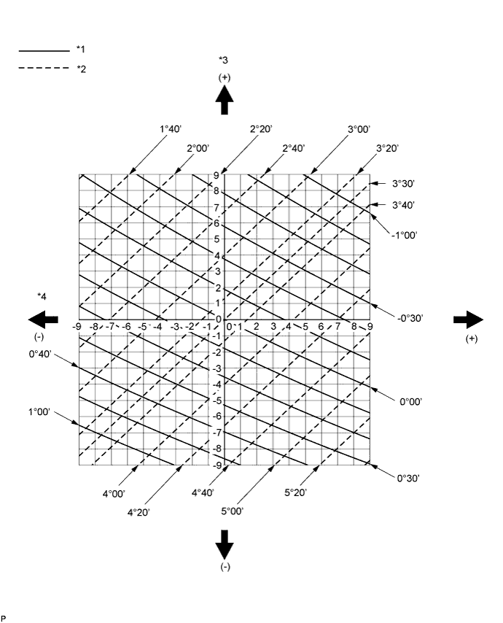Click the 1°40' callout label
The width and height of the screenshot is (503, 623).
tap(170, 128)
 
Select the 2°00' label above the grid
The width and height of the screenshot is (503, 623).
tap(198, 148)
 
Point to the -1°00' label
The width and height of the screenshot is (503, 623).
tap(403, 236)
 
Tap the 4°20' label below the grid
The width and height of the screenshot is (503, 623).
tap(139, 512)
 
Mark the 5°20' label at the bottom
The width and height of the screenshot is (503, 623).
tap(295, 493)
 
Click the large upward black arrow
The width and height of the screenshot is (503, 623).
tap(225, 100)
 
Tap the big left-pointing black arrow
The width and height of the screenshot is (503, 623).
tap(43, 319)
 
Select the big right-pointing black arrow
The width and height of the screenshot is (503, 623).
tap(468, 319)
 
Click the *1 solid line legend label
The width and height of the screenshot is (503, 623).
tap(81, 50)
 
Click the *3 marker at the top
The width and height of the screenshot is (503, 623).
tap(224, 59)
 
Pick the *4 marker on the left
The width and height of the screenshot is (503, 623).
tap(42, 295)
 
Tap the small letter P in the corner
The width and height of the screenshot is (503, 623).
tap(3, 618)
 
